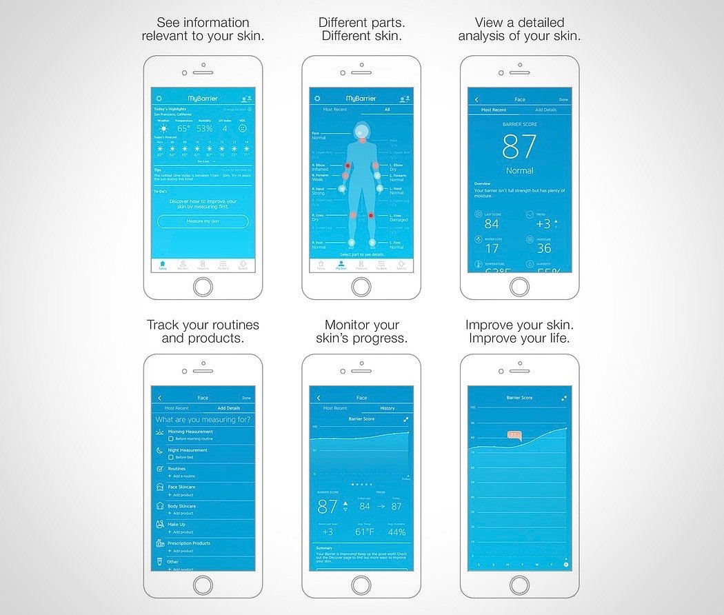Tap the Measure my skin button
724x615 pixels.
pos(203,221)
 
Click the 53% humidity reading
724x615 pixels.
pos(205,128)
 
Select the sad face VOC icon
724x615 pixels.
pos(243,128)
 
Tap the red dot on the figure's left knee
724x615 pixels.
pos(371,216)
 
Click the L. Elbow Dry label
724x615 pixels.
pos(396,168)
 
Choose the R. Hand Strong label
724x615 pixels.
pos(318,191)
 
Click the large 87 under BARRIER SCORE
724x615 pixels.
pos(519,147)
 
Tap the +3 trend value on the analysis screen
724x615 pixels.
pos(543,224)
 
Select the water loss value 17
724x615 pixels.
pos(492,248)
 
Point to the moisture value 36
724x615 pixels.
pos(544,248)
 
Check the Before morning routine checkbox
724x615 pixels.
pos(171,438)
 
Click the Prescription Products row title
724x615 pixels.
pos(190,543)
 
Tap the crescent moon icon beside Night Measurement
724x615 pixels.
pos(160,450)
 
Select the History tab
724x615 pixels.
pos(388,408)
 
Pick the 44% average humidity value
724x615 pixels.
pos(396,532)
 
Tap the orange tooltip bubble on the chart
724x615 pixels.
pos(514,435)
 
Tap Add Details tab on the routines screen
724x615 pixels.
pos(229,408)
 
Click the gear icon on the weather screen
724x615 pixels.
pos(159,99)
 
